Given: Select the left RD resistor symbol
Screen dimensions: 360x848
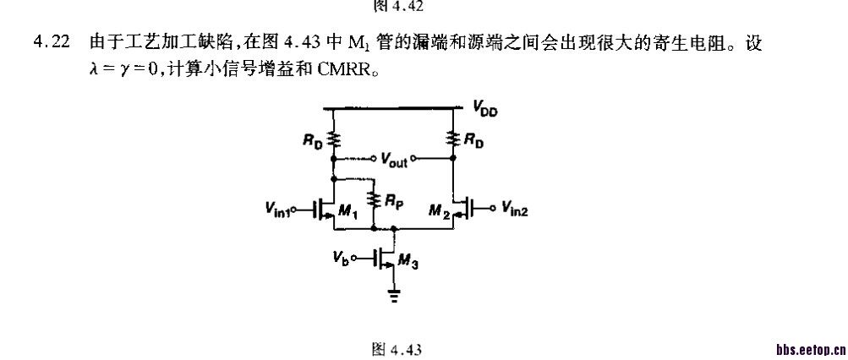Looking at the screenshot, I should (336, 139).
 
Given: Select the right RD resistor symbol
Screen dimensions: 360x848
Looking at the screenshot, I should (456, 139).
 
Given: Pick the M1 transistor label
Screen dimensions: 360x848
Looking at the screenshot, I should (347, 215).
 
